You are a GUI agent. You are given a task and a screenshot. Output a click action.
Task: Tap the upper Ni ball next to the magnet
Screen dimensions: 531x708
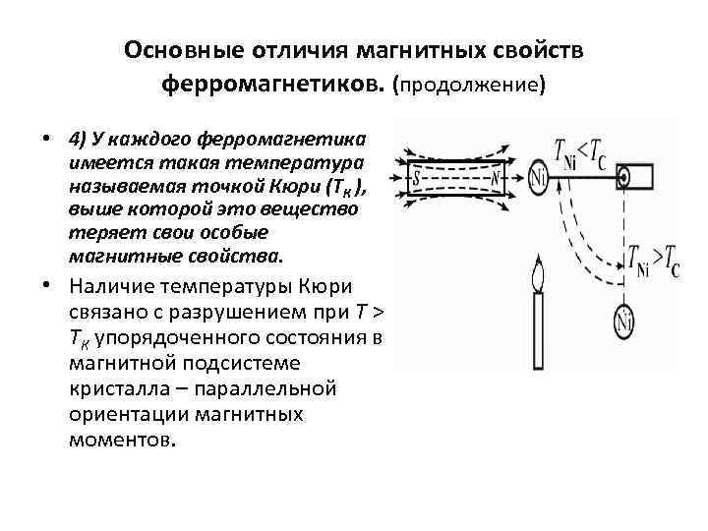[x=539, y=178]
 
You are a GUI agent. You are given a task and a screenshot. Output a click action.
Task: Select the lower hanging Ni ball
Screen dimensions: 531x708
[x=624, y=320]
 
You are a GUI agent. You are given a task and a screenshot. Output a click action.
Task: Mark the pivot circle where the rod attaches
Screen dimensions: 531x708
[x=623, y=177]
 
